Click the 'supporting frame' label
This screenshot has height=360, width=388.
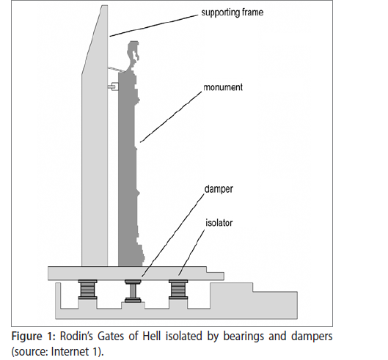232,12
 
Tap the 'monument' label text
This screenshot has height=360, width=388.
223,87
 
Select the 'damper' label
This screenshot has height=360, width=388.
219,189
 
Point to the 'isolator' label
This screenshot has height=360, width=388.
219,223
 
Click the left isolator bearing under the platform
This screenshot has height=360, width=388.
87,290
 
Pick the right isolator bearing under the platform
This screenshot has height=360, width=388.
178,290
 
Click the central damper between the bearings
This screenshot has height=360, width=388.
133,291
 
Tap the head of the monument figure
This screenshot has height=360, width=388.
133,51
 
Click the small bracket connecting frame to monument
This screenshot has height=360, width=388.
113,87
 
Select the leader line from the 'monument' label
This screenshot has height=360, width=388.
171,117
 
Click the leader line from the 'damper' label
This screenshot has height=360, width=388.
173,235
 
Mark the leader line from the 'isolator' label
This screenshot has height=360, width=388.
191,252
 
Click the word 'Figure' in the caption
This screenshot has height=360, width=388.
26,337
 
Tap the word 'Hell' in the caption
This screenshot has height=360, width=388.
151,337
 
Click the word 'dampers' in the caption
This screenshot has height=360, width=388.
312,337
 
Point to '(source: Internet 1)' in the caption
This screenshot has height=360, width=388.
57,351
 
